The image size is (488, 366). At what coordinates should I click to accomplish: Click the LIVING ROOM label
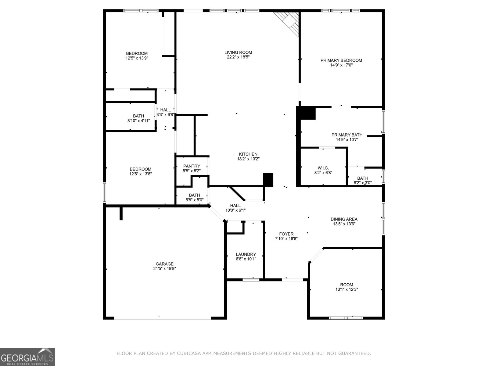click(238, 52)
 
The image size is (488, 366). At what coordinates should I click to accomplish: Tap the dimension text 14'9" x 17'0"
click(341, 65)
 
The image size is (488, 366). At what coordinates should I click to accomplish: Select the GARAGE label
click(164, 264)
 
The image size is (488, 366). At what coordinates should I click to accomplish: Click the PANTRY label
click(192, 166)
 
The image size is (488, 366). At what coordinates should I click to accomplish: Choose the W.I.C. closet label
click(323, 168)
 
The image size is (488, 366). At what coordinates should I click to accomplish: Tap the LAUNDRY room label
click(246, 254)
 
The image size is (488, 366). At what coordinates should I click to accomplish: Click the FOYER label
click(286, 234)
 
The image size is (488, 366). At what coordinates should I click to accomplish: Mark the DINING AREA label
click(344, 219)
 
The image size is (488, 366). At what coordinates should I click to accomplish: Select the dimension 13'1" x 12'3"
click(346, 289)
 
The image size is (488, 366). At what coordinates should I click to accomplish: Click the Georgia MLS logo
click(27, 357)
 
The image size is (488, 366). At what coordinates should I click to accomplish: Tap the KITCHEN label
click(248, 154)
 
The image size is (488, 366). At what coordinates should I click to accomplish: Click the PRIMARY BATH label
click(347, 135)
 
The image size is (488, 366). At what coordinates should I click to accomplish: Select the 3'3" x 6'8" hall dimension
click(165, 115)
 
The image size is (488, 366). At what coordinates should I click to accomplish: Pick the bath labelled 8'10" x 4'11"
click(138, 118)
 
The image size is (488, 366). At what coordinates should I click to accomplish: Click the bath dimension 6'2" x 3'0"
click(363, 183)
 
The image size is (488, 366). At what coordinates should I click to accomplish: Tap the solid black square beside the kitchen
click(268, 180)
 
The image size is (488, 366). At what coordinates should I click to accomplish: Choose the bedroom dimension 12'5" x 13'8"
click(140, 174)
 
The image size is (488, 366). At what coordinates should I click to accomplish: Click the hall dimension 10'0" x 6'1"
click(235, 210)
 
